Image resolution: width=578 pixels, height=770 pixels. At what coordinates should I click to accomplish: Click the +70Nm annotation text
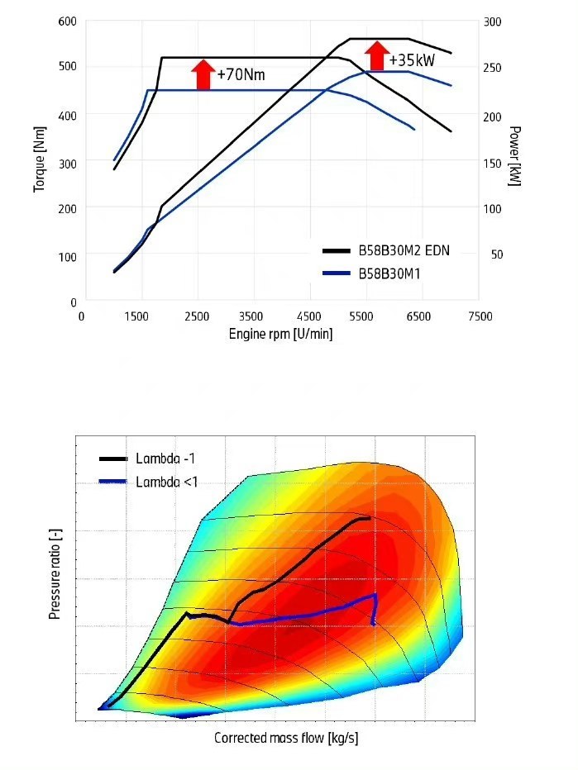click(x=241, y=75)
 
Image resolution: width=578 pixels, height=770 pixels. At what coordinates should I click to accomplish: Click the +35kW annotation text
click(x=412, y=60)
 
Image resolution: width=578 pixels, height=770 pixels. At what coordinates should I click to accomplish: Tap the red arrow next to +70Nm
click(x=202, y=74)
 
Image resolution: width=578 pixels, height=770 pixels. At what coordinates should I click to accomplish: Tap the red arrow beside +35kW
click(x=376, y=57)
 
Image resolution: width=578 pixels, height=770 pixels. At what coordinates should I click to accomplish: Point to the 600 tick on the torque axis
click(x=67, y=20)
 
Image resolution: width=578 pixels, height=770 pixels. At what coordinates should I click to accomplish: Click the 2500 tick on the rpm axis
click(x=197, y=316)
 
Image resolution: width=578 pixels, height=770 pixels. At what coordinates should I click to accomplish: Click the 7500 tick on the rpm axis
click(x=480, y=316)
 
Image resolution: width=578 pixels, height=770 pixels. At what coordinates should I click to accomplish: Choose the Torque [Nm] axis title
click(x=39, y=162)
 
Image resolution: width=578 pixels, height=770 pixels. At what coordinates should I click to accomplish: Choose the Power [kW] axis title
click(x=514, y=156)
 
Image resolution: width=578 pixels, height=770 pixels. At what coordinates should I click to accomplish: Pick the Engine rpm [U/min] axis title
click(x=280, y=335)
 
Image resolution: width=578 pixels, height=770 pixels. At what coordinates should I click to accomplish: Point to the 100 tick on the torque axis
click(x=67, y=256)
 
